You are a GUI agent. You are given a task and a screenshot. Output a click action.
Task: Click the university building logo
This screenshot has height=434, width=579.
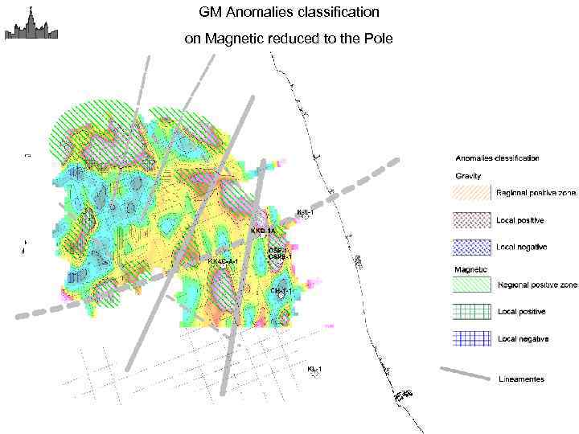click(31, 23)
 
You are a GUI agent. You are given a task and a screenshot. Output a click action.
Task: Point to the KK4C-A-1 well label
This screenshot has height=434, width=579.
click(224, 261)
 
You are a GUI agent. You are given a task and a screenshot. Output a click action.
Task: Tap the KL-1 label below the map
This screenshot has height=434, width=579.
click(314, 369)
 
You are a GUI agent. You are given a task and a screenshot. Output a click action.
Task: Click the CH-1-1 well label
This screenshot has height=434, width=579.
click(281, 289)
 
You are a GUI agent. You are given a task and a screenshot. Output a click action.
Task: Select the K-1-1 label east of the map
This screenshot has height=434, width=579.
click(305, 212)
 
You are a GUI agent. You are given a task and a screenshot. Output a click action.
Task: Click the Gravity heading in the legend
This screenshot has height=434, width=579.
click(468, 175)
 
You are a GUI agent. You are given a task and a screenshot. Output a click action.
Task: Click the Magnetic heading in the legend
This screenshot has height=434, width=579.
click(470, 269)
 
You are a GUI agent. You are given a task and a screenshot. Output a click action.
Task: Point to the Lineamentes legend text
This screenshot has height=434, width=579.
click(521, 379)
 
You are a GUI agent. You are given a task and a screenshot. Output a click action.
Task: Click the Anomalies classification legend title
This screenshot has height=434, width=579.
click(497, 158)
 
